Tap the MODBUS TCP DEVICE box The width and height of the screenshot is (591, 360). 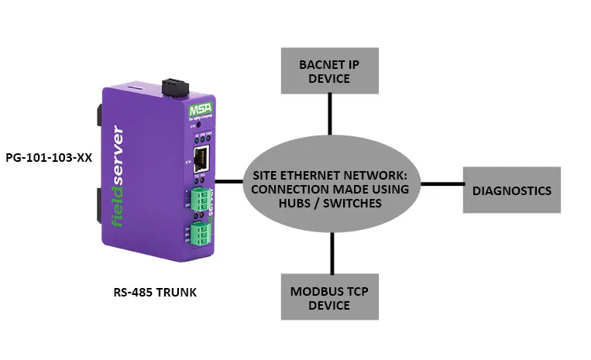(x=331, y=297)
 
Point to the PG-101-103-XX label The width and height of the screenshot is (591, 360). (x=48, y=157)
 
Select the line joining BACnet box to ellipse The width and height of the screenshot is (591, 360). (x=331, y=115)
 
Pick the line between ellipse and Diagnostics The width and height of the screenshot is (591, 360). (x=441, y=184)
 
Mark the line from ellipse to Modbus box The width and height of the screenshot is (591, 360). (x=332, y=252)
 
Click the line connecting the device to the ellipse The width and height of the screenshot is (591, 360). (x=228, y=182)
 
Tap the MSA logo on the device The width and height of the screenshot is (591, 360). (x=199, y=111)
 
